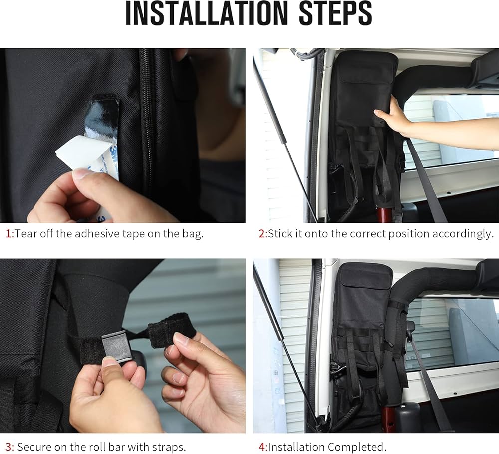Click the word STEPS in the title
(x=336, y=13)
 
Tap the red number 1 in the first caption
(x=8, y=234)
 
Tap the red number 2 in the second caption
(x=262, y=234)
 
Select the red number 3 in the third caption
(x=9, y=447)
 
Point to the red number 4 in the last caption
(x=262, y=447)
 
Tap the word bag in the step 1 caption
(x=192, y=234)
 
